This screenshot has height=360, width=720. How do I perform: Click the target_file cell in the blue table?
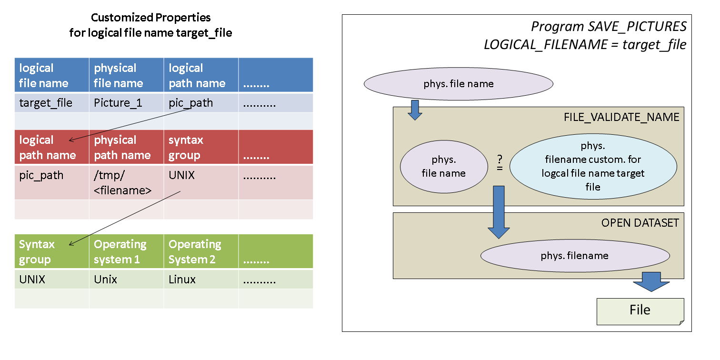(x=46, y=103)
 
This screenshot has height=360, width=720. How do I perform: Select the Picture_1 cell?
(x=118, y=103)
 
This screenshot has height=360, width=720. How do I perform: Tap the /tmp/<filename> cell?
(x=123, y=183)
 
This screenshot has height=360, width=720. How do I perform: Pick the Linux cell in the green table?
(x=182, y=280)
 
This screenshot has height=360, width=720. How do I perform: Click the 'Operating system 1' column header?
(x=120, y=252)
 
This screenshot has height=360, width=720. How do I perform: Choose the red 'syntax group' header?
(x=186, y=148)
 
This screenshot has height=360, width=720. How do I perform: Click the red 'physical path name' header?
(x=122, y=148)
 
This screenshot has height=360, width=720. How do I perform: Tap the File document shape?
(x=640, y=311)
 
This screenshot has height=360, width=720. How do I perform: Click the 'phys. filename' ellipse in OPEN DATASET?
(x=575, y=256)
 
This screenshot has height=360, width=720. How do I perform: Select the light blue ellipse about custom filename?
(x=593, y=166)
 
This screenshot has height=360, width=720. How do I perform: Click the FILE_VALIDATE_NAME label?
(x=621, y=117)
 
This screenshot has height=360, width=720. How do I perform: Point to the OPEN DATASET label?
(x=640, y=223)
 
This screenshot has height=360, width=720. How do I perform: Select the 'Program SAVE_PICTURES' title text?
(x=609, y=26)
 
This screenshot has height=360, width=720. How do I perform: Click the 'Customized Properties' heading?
(x=150, y=18)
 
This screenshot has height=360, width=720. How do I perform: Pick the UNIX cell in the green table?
(x=32, y=280)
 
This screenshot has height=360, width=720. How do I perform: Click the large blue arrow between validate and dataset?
(x=499, y=212)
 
